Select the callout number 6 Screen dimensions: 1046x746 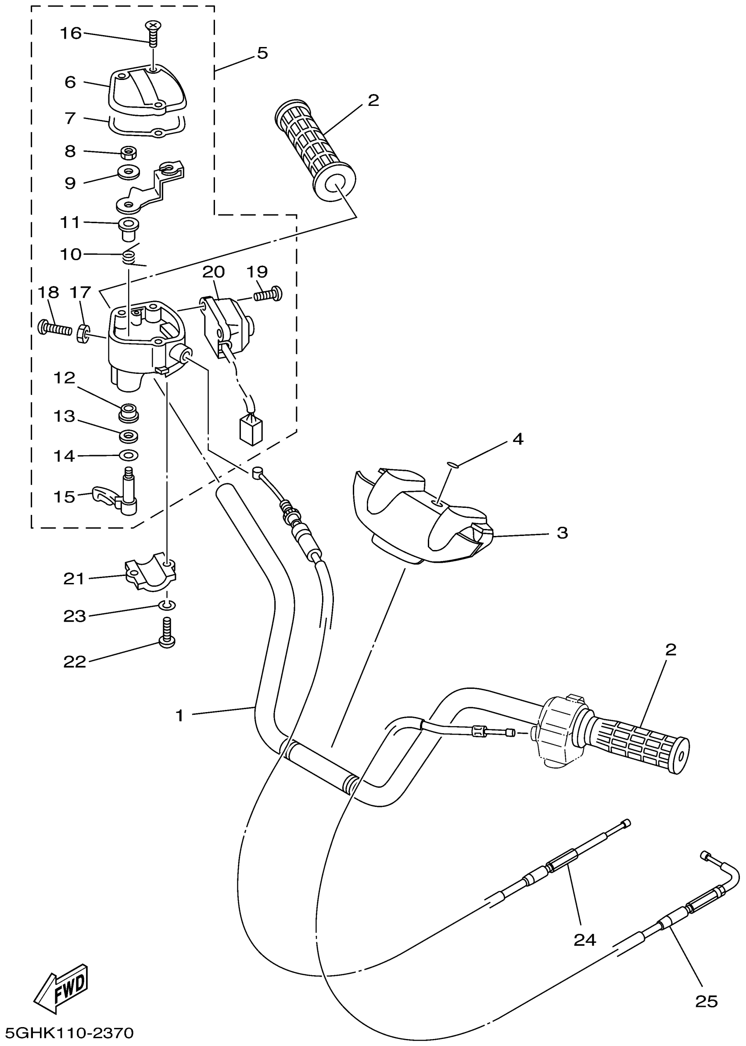[70, 82]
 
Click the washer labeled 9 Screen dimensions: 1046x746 [129, 172]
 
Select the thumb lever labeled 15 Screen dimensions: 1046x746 [116, 499]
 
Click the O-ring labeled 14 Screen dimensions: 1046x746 [129, 455]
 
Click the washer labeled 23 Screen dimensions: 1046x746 [168, 605]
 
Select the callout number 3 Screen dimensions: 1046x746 [562, 533]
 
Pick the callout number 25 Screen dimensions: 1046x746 [707, 1001]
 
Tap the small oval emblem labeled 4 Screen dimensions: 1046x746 [452, 465]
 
